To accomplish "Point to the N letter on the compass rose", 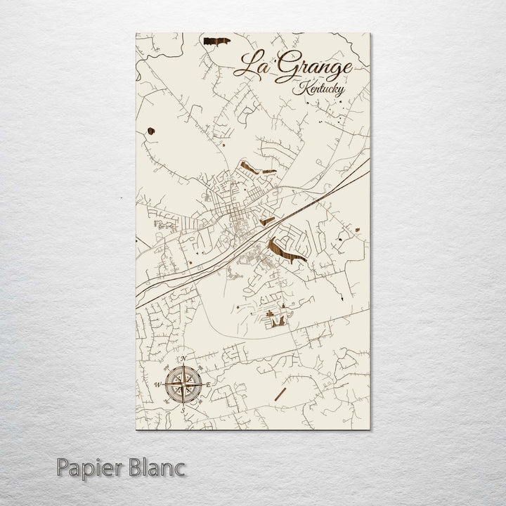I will tap(183, 360).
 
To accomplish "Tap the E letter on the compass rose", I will tap(209, 384).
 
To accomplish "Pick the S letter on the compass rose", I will tap(183, 409).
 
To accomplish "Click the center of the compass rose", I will tap(183, 384).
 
